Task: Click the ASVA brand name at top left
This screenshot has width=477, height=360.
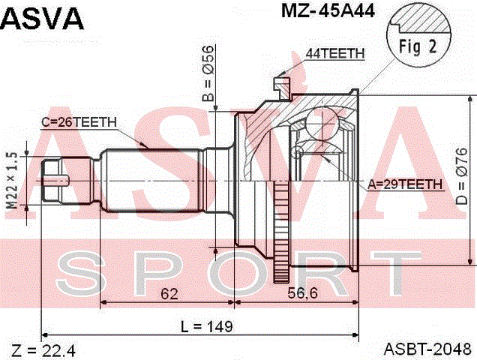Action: coord(42,18)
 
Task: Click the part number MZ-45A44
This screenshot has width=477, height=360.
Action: coord(328,11)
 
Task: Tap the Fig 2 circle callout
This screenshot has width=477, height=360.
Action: coord(418,35)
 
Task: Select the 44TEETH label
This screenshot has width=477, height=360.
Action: coord(335,53)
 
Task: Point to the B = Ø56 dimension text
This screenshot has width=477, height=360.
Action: coord(208,73)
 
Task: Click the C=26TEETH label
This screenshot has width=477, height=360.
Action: coord(79,122)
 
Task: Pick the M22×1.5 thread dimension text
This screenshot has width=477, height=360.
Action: coord(13,181)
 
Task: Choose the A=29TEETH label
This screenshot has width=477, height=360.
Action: coord(404,184)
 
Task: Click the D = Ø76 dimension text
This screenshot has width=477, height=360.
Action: coord(461,176)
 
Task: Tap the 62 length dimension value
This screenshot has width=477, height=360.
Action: coord(169,293)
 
